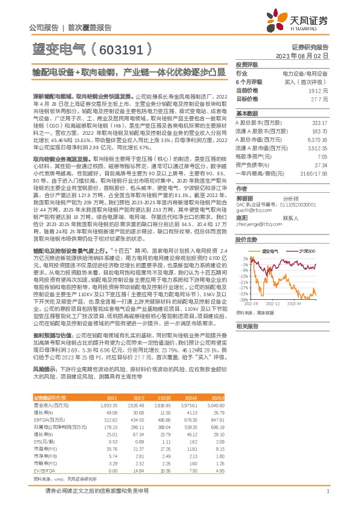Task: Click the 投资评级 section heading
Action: pyautogui.click(x=247, y=64)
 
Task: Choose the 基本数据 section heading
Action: pyautogui.click(x=247, y=114)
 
